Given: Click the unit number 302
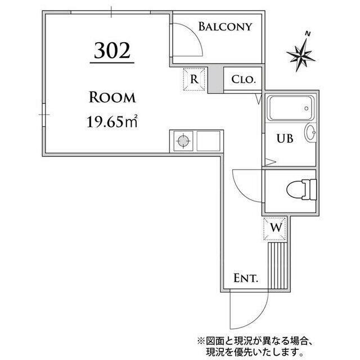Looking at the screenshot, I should coord(112,51).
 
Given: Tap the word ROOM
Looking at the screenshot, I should coord(112,97).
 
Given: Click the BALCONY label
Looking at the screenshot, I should coord(224,26).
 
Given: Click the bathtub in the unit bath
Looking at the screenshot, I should coord(289,108).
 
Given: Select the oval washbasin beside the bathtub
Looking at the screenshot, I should coord(310,133).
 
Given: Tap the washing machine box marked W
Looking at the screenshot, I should coord(276,228).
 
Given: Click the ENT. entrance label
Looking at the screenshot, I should coord(245,278).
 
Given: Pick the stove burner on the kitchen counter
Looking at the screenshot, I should coord(183,141).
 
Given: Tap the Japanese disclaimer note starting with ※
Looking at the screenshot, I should coord(265,345).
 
